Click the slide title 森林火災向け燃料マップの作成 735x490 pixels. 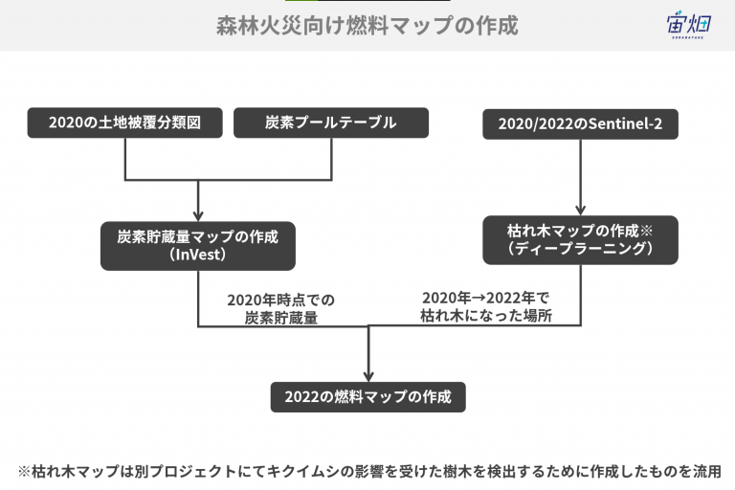click(367, 25)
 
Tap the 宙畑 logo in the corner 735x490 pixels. click(689, 25)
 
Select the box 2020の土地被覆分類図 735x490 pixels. click(124, 122)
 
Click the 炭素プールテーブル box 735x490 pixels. click(331, 122)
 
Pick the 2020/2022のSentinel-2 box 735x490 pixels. click(580, 123)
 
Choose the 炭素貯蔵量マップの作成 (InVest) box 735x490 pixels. click(198, 246)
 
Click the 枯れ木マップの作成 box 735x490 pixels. click(580, 240)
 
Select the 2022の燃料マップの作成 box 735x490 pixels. click(367, 397)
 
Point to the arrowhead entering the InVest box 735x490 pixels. click(198, 215)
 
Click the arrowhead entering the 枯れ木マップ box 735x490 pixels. click(580, 210)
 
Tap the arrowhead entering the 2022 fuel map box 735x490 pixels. click(368, 376)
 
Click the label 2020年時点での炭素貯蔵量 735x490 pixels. click(280, 308)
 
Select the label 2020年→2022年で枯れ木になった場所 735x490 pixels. click(486, 306)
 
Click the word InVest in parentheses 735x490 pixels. click(198, 255)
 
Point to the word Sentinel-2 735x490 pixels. click(625, 123)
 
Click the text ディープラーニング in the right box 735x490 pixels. click(580, 249)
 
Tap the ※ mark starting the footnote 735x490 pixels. click(24, 471)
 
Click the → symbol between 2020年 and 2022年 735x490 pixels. click(479, 299)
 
